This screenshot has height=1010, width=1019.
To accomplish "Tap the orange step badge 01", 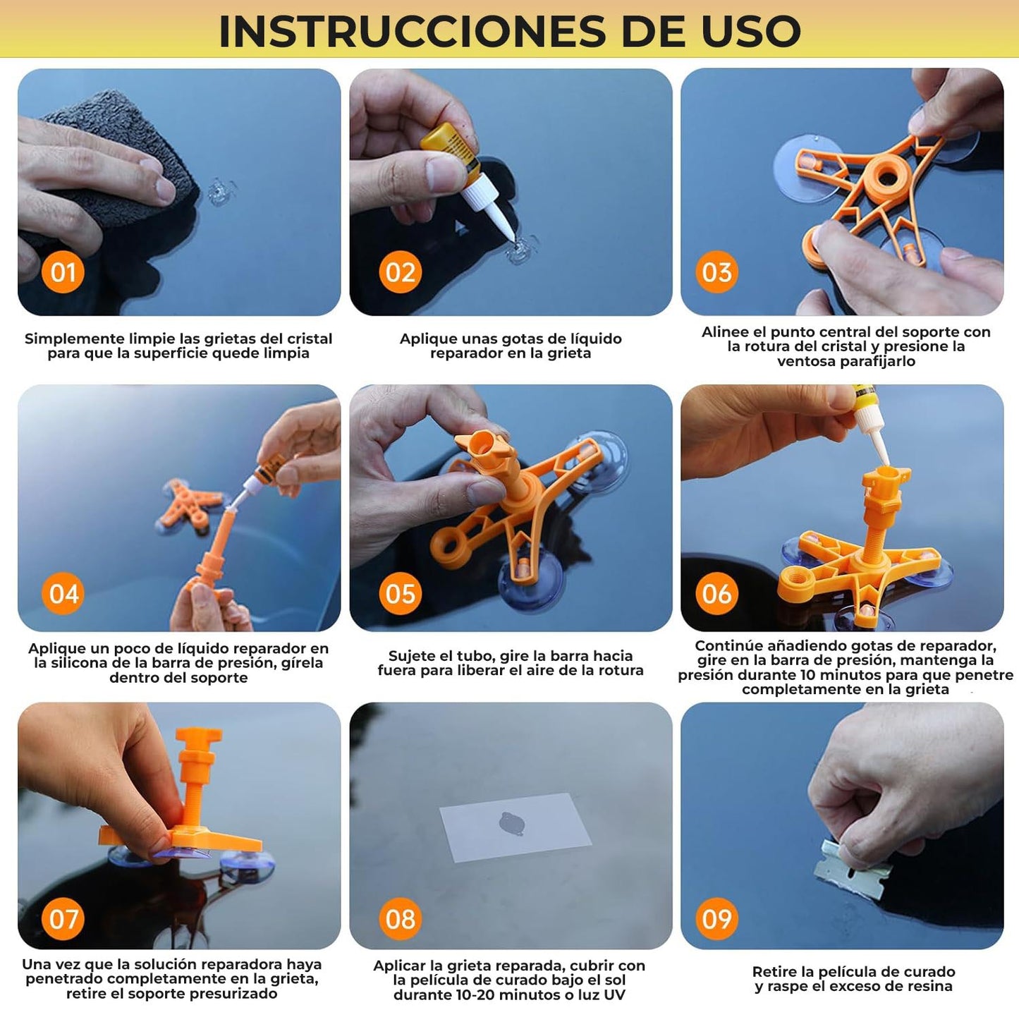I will [63, 272].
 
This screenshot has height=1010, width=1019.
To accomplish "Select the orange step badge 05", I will [400, 593].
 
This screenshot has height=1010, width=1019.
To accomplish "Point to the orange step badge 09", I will [716, 918].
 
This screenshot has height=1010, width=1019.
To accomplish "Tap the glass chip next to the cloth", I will [220, 191].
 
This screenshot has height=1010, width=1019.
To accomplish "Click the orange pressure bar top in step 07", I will [198, 737].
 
